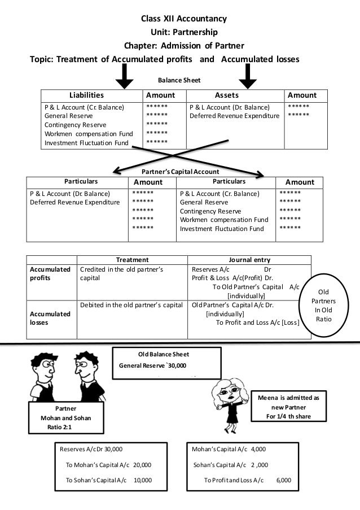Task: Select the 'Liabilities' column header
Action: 86,95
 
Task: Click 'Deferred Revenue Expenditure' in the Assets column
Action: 234,115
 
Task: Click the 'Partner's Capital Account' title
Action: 179,171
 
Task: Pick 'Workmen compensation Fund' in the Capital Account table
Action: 223,220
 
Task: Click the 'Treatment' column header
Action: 132,260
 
